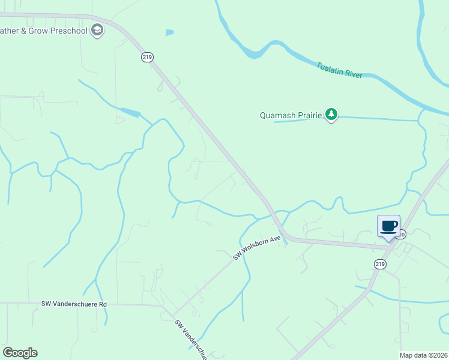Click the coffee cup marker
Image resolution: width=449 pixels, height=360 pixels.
[388, 227]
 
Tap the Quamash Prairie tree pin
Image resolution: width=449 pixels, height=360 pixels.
[331, 114]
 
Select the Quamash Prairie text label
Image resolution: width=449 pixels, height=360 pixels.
[291, 115]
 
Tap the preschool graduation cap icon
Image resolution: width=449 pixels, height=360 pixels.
[97, 31]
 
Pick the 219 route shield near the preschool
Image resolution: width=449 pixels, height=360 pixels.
[148, 57]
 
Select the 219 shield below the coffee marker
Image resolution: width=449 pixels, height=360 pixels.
[379, 263]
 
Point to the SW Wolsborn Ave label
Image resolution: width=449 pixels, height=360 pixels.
[258, 247]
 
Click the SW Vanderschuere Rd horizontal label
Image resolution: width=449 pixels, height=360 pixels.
[74, 304]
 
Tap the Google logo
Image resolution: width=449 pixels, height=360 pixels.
[20, 353]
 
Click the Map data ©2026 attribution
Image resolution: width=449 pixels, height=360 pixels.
[424, 355]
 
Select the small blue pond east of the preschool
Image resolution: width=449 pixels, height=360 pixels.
[170, 32]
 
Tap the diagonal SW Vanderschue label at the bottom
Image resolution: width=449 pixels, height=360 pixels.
[191, 339]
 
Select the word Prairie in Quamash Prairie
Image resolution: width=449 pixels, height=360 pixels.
[309, 115]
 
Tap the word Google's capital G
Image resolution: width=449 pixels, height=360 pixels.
[8, 353]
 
